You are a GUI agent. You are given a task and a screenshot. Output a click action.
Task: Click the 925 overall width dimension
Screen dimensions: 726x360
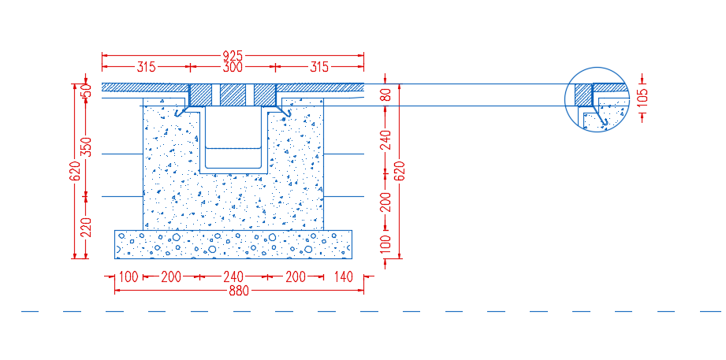[233, 56]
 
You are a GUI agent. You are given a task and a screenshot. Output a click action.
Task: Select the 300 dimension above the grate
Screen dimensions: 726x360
[233, 68]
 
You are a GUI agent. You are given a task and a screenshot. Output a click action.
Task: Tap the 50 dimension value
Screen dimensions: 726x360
[86, 91]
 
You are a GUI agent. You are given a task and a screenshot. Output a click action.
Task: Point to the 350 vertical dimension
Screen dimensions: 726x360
[86, 147]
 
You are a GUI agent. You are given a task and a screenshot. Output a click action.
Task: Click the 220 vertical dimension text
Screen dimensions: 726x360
[86, 227]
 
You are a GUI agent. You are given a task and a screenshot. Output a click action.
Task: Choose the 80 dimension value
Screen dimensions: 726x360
[386, 95]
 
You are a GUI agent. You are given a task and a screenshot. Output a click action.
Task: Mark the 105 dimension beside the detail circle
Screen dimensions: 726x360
[643, 98]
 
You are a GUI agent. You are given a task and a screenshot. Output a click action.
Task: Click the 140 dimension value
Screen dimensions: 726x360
[343, 277]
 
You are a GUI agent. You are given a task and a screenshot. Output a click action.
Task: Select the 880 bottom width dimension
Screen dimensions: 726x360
[239, 291]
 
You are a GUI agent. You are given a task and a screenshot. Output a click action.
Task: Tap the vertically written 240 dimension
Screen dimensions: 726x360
[386, 139]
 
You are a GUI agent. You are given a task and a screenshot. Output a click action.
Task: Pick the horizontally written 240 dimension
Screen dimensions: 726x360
[233, 277]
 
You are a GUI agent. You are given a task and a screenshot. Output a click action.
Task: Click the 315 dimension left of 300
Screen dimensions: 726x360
[147, 68]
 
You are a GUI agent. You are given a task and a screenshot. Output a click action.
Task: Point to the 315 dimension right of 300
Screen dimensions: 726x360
[319, 68]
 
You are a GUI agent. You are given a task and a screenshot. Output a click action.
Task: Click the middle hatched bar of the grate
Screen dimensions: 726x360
[233, 95]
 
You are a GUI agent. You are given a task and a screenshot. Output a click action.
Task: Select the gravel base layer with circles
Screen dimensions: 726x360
[233, 244]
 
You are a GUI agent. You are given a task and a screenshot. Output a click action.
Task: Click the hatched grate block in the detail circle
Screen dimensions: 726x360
[583, 95]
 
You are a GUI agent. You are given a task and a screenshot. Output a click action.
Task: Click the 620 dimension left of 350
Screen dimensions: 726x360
[75, 171]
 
